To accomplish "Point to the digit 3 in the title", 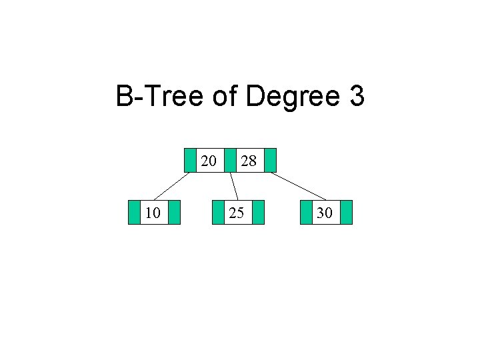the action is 356,97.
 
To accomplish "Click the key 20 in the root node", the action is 209,160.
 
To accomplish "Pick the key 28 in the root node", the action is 249,160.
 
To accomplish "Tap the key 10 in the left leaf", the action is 153,213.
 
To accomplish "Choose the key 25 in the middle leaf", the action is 236,213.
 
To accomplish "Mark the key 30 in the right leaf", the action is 326,213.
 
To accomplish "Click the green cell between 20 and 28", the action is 229,160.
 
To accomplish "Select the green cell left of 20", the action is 190,160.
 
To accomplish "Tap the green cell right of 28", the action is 269,160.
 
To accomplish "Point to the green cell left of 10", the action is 134,212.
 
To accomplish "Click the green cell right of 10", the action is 174,212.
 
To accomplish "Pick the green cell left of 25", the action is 217,212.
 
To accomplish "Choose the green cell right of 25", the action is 258,212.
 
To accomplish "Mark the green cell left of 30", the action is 307,212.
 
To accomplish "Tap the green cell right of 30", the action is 345,212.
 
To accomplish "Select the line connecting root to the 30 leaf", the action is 298,186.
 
